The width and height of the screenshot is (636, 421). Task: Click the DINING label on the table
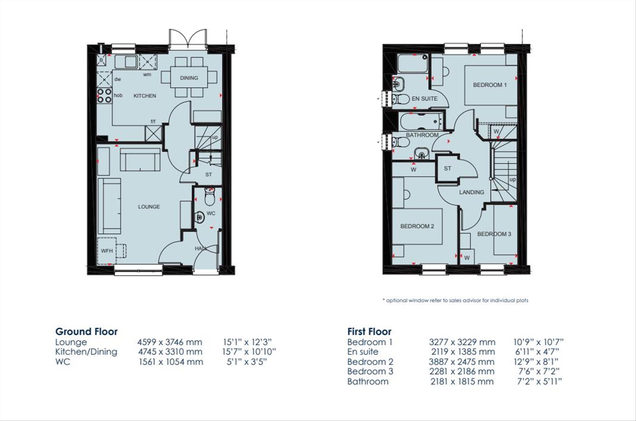point(189,78)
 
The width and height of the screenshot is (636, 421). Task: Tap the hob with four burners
point(104,95)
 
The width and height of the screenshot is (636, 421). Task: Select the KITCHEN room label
point(145,96)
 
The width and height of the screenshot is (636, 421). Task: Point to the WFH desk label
point(107,251)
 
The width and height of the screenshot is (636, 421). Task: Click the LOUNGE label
point(149,207)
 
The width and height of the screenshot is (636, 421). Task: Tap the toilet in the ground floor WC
point(209,197)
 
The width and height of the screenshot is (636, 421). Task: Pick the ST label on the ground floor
point(209,175)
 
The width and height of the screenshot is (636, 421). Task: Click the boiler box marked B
point(101,60)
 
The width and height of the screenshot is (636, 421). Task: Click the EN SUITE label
point(425,99)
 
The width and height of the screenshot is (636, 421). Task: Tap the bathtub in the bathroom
point(421,122)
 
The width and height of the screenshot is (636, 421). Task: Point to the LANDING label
point(472,192)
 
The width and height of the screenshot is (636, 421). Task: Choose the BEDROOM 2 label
point(417,226)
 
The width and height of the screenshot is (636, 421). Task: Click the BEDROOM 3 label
point(494,234)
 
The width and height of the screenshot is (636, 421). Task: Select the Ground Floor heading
point(86,332)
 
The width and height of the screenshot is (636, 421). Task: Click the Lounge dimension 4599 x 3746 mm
point(170,342)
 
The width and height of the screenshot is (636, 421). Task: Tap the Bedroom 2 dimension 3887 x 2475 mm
point(462,362)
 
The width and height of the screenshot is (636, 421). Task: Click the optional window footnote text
point(455,301)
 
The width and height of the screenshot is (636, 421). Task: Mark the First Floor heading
point(369,332)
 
